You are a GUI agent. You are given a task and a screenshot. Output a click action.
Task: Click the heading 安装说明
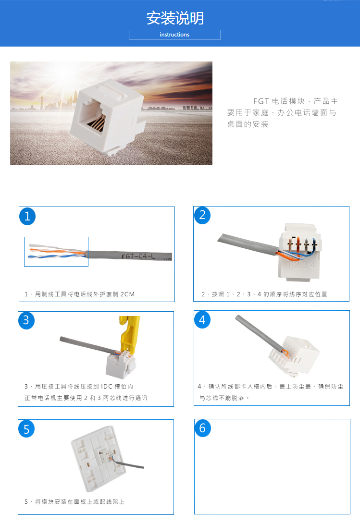[175, 18]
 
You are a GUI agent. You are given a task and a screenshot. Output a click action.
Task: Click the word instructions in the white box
[174, 35]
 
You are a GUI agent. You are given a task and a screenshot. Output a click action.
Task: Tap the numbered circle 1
[27, 216]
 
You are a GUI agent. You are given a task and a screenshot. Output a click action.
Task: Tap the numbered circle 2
[202, 215]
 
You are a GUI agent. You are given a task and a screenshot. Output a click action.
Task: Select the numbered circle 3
[26, 320]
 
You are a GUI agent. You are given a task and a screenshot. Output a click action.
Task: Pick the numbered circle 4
[202, 320]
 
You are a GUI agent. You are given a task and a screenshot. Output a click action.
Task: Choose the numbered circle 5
[26, 429]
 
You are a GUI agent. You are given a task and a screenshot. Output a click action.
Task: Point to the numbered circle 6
[203, 428]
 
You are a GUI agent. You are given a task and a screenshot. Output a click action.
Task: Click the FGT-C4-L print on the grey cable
[138, 256]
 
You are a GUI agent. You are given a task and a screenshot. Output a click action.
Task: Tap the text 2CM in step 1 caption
[127, 294]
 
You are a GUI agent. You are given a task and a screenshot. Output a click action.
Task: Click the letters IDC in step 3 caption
[107, 387]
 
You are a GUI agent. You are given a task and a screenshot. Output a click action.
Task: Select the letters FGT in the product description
[261, 101]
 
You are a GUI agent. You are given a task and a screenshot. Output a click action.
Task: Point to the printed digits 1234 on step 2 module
[301, 265]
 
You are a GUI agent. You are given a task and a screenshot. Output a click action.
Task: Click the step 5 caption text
[74, 502]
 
